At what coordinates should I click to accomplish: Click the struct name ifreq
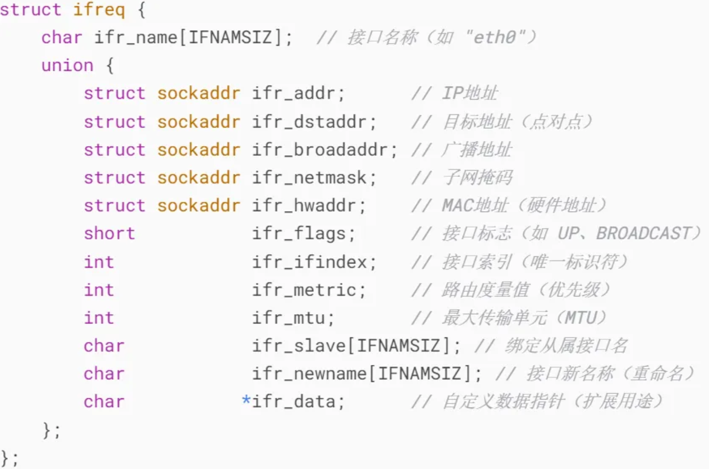[x=98, y=10]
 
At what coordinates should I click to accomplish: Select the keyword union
[x=67, y=66]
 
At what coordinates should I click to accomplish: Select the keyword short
[x=109, y=234]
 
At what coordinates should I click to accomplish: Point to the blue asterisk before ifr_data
[x=246, y=400]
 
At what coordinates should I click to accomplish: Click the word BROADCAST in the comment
[x=643, y=234]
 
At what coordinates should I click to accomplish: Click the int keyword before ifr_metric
[x=98, y=290]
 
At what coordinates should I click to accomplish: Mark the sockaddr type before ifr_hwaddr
[x=198, y=206]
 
